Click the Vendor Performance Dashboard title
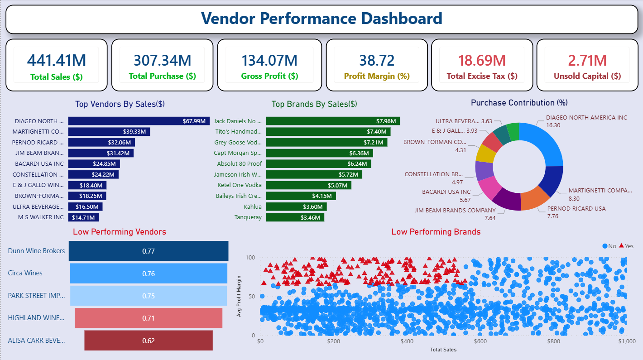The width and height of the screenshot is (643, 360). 321,19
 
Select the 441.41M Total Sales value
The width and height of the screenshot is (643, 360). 56,60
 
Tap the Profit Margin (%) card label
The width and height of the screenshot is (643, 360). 376,76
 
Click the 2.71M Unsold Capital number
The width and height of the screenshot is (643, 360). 587,60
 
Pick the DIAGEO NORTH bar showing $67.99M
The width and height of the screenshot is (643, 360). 139,121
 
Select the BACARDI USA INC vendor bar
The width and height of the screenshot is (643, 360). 94,163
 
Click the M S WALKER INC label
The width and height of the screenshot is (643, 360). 41,217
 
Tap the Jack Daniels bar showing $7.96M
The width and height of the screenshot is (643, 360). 333,121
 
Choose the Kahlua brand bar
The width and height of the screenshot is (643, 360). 296,206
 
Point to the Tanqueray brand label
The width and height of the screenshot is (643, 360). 248,217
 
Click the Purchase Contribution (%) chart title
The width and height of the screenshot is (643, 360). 519,103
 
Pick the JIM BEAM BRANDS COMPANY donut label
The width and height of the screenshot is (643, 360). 455,210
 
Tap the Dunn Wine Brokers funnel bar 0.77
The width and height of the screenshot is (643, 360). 149,251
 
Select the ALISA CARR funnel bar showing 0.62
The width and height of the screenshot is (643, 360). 149,341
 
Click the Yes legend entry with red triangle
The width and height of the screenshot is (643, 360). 626,246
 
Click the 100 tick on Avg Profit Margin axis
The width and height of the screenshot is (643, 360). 250,257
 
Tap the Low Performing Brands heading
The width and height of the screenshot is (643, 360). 436,232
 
